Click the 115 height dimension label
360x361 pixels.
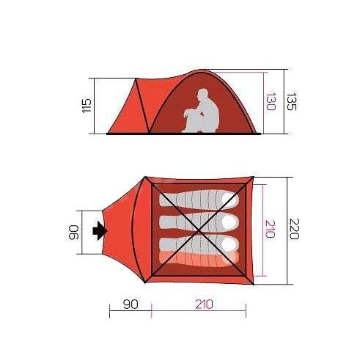coord(87,106)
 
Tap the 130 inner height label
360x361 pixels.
coord(271,101)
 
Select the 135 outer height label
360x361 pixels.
coord(291,101)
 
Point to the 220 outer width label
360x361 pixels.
coord(294,229)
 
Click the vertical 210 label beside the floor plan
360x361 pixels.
coord(271,229)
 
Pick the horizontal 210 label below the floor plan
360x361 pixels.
coord(204,305)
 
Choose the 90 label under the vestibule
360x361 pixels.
coord(131,305)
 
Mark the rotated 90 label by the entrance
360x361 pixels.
coord(73,233)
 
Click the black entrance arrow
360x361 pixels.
coord(100,230)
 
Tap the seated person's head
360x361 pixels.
coord(203,95)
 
